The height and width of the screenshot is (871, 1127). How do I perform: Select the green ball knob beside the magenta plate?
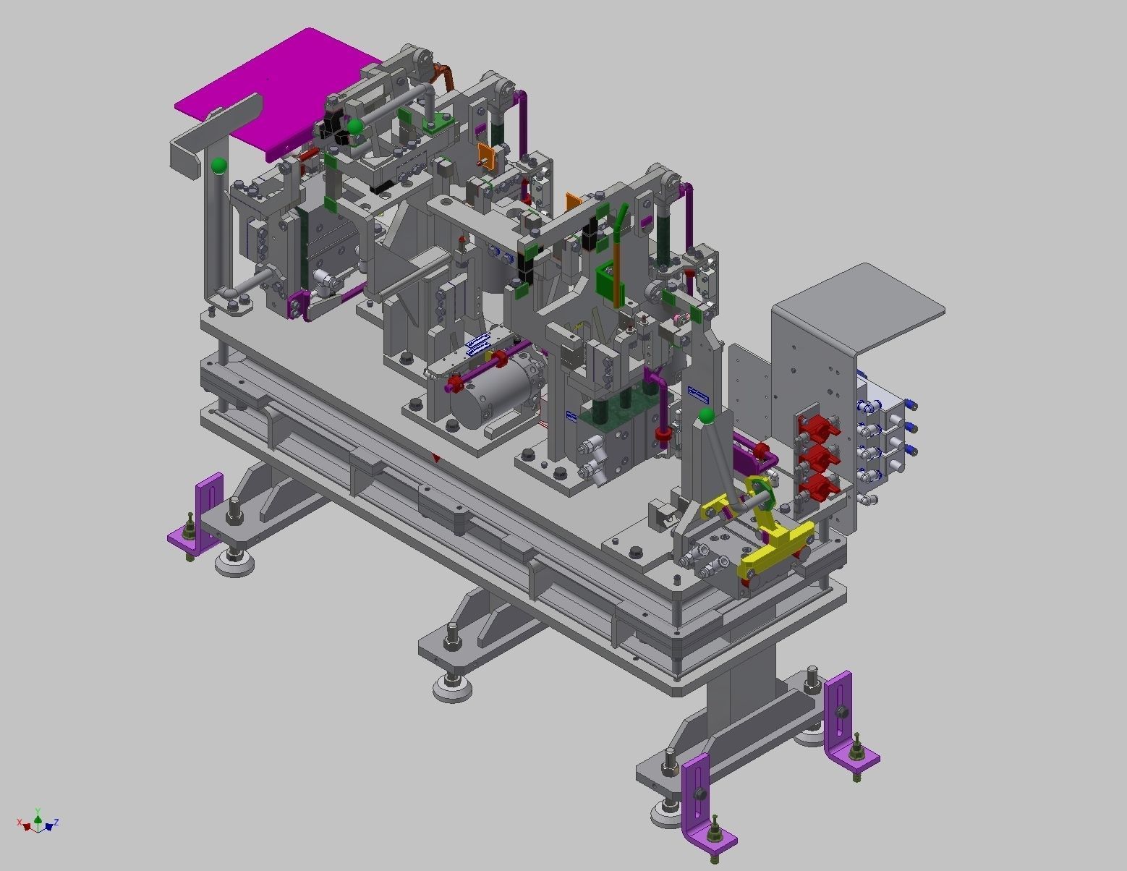(355, 127)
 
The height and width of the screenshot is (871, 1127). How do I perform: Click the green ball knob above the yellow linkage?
(706, 416)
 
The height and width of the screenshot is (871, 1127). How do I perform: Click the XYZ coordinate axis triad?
(38, 823)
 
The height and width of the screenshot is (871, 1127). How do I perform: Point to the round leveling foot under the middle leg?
(453, 687)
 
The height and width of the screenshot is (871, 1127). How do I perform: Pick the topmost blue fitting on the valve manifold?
(909, 405)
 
